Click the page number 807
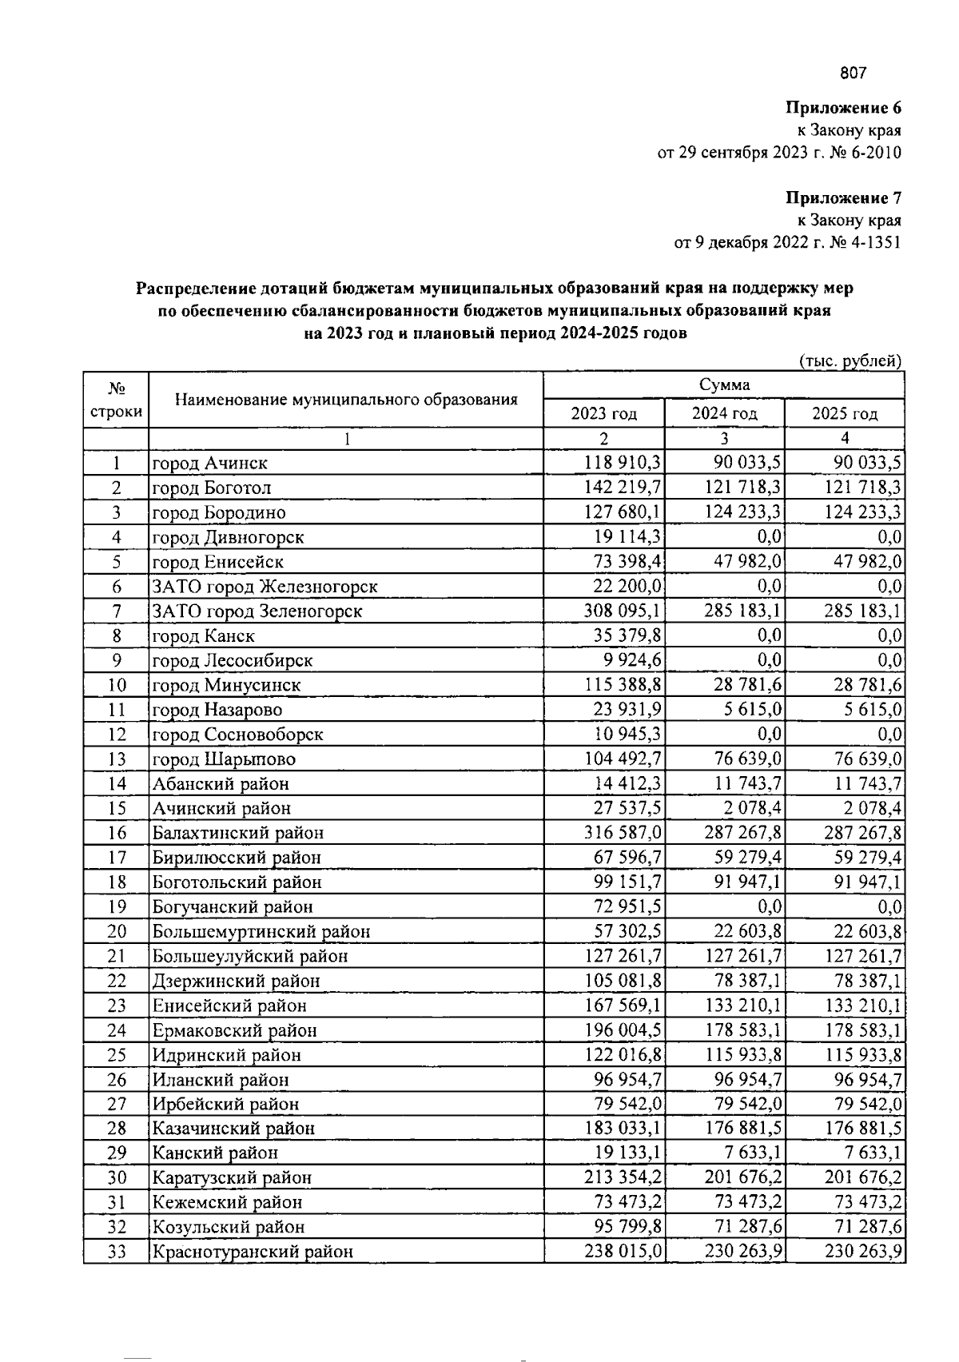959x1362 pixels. (853, 74)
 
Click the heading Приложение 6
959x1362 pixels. (843, 107)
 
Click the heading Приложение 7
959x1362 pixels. (843, 197)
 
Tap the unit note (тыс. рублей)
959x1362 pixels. (850, 360)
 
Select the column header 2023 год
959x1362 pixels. (603, 413)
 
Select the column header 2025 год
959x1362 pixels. (845, 413)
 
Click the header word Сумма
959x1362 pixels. (724, 384)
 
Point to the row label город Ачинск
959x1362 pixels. (210, 463)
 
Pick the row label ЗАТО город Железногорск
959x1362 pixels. (265, 587)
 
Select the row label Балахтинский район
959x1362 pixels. (238, 833)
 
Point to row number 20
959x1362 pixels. (117, 931)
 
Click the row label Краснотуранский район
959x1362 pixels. (253, 1252)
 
